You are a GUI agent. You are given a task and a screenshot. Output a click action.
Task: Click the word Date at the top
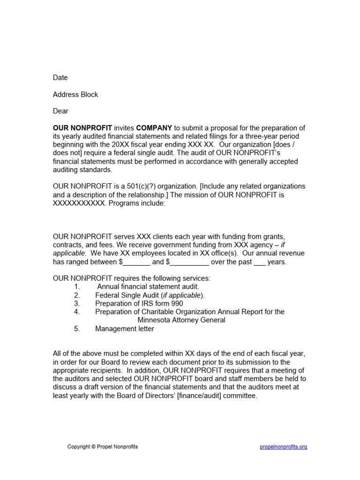pos(60,77)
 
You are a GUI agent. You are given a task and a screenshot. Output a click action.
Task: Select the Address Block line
pos(75,94)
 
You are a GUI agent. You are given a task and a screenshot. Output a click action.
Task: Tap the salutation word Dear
pos(60,111)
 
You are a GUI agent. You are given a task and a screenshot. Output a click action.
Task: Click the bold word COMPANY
pos(154,128)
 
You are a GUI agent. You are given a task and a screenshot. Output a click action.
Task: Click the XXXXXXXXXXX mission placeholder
pos(79,203)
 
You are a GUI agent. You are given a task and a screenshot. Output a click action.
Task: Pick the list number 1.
pos(77,286)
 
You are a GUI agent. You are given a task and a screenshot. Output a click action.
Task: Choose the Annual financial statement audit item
pos(148,286)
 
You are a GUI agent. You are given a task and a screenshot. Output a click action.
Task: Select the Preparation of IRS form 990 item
pos(139,303)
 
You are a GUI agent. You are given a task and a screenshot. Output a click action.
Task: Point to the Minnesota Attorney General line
pos(181,320)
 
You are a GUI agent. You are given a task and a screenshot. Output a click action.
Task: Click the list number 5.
pos(77,329)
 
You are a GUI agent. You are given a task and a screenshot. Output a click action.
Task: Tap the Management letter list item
pos(125,329)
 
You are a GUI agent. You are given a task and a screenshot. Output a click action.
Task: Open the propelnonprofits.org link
pos(284,447)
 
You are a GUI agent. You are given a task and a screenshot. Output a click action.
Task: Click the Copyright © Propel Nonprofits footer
pos(103,447)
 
